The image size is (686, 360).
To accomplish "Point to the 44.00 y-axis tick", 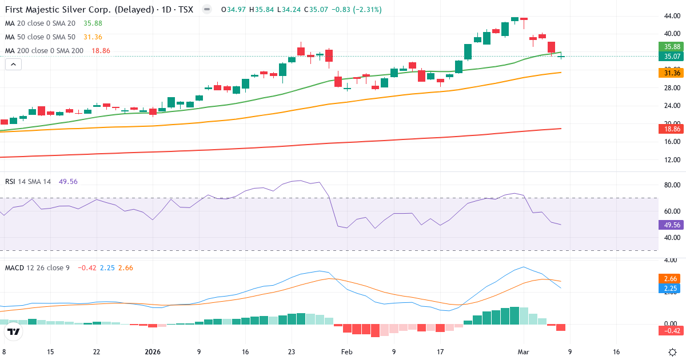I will [x=672, y=16].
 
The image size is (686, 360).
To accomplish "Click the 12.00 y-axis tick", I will [x=672, y=159].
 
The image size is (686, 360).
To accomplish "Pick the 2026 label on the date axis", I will [x=153, y=352].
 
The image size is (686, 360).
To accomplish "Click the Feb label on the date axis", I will [x=348, y=352].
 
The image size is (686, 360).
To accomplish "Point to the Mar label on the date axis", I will [x=524, y=352].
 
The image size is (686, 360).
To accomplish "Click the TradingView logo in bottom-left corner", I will [x=14, y=331].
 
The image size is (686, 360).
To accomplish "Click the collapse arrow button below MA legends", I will [x=13, y=65].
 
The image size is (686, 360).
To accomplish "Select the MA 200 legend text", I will [x=43, y=51].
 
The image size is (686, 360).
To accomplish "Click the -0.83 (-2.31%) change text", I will [x=357, y=10].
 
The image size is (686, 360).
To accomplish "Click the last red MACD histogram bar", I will [x=560, y=327].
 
